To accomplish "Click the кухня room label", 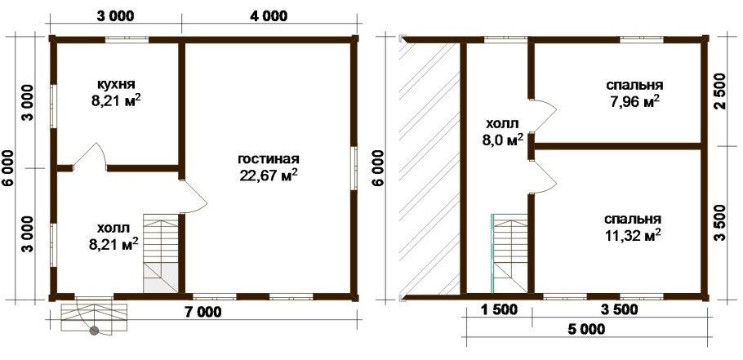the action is point(116,84).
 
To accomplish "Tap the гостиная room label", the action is point(269,158).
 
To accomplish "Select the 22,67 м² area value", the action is point(269,175).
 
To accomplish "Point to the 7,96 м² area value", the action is point(634,101).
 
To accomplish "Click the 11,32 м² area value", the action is point(633,235).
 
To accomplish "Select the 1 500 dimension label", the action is point(499,310).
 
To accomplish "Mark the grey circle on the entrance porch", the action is point(95,331).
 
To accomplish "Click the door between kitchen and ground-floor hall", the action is point(90,156).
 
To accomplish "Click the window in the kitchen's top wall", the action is point(127,40).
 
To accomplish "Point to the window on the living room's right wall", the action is point(354,169).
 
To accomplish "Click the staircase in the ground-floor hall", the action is point(161,253).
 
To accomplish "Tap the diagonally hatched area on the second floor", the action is point(429,168).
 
